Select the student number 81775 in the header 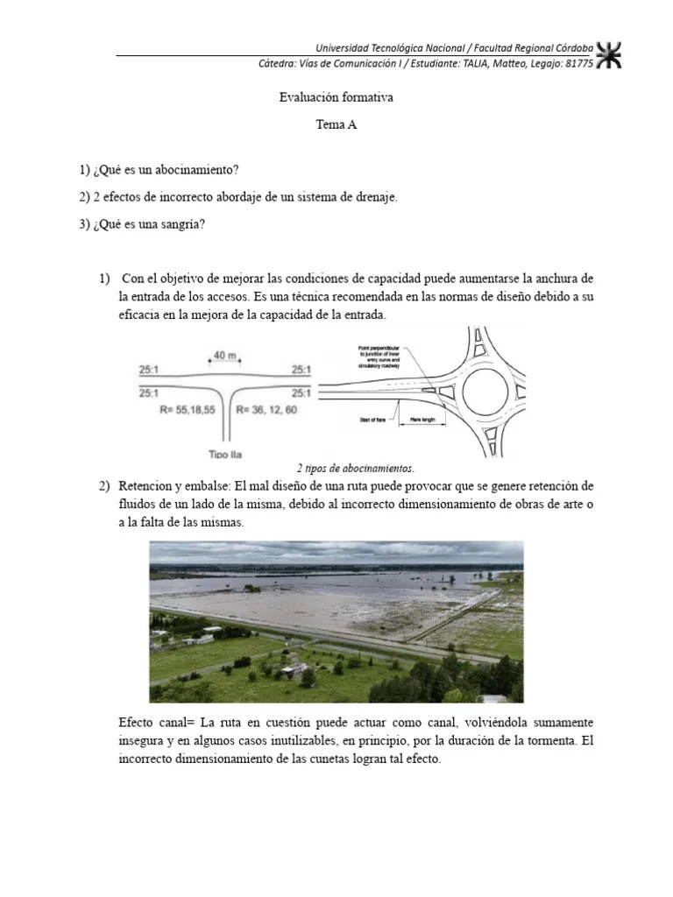pos(577,63)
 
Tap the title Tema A pos(336,125)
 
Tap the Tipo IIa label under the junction pos(226,454)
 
